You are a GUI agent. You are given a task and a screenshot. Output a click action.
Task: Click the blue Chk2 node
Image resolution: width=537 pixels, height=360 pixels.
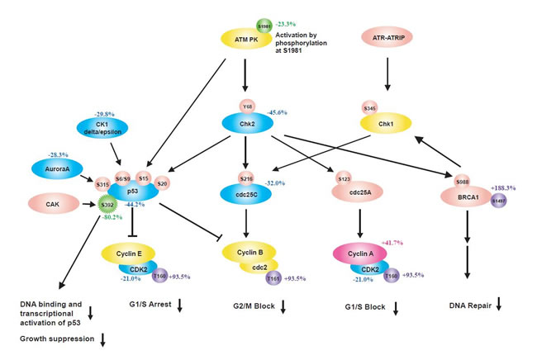click(246, 122)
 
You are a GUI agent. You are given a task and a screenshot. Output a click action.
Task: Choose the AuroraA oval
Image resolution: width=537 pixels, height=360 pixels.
click(58, 167)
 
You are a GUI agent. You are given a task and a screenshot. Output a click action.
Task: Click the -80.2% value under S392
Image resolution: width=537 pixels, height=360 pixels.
click(108, 219)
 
